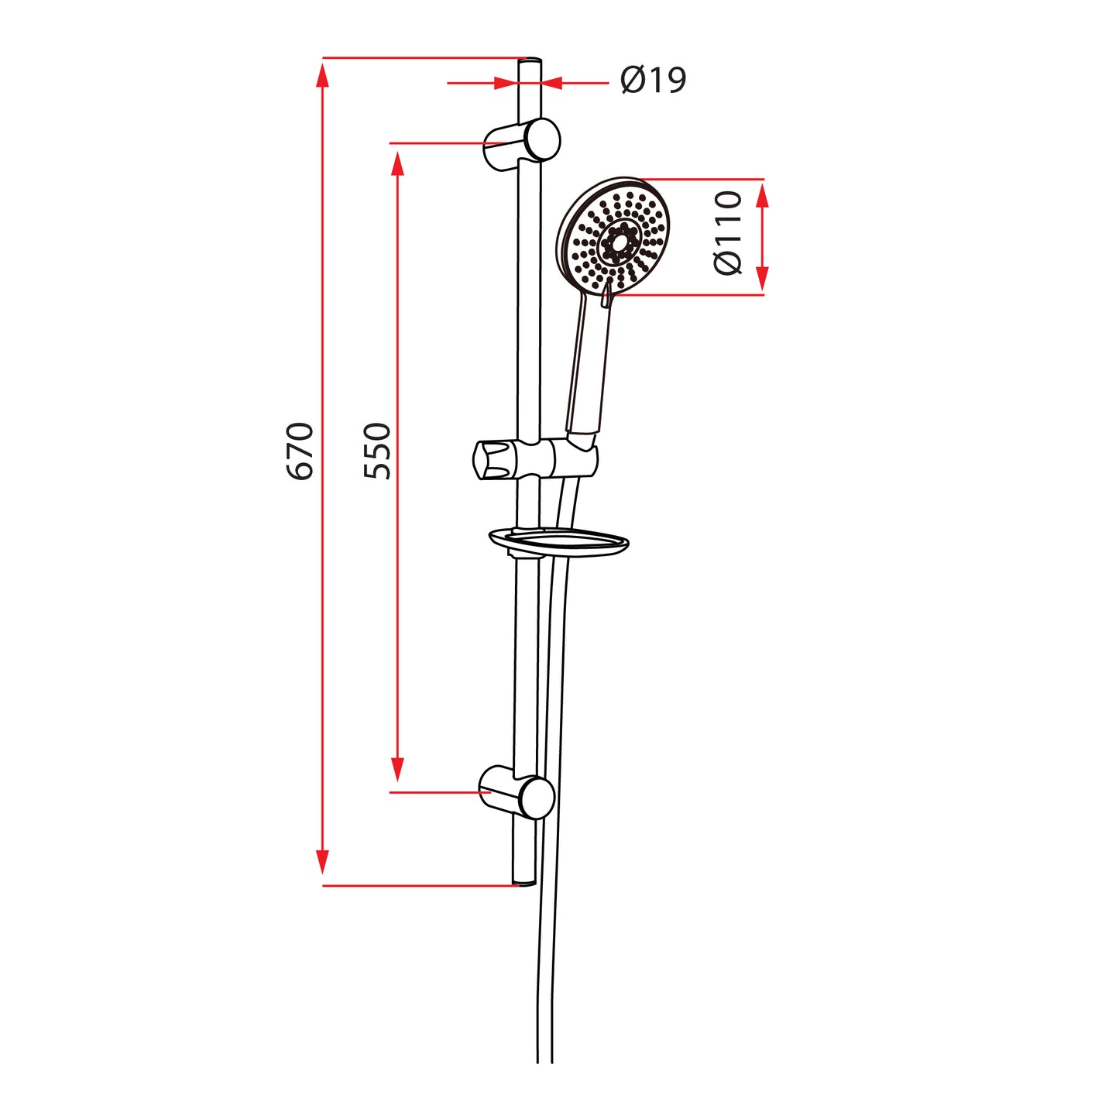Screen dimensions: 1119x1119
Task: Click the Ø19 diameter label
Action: pyautogui.click(x=653, y=80)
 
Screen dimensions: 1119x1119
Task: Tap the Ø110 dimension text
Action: pyautogui.click(x=728, y=233)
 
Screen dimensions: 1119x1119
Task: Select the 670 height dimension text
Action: pyautogui.click(x=300, y=451)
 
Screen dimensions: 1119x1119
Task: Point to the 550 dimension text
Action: pyautogui.click(x=378, y=451)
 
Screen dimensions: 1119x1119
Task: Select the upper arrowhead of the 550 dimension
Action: pyautogui.click(x=397, y=164)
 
